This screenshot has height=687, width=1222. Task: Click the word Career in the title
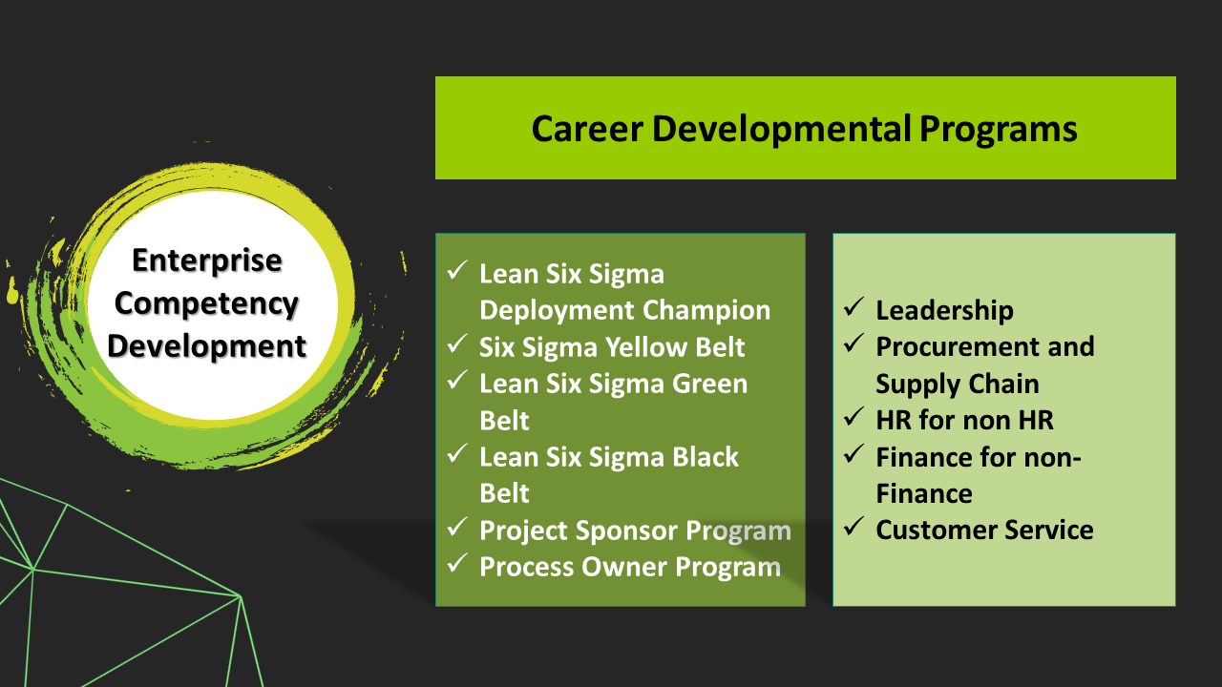(586, 129)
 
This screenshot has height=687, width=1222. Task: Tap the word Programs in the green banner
(998, 131)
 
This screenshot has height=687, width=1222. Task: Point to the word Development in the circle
(206, 347)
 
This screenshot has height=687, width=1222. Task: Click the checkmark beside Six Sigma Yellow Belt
(456, 343)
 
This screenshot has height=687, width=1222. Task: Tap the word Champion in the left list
(706, 311)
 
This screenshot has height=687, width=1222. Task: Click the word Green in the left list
(709, 384)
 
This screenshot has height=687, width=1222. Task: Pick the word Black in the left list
(705, 457)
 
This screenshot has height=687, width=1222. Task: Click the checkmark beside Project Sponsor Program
(456, 526)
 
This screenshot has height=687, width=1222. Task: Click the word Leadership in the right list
(944, 311)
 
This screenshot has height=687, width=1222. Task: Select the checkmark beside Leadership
(853, 306)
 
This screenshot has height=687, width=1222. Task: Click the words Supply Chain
(958, 385)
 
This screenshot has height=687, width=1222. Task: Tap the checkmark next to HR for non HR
(853, 416)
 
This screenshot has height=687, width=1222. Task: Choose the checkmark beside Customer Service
(853, 526)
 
